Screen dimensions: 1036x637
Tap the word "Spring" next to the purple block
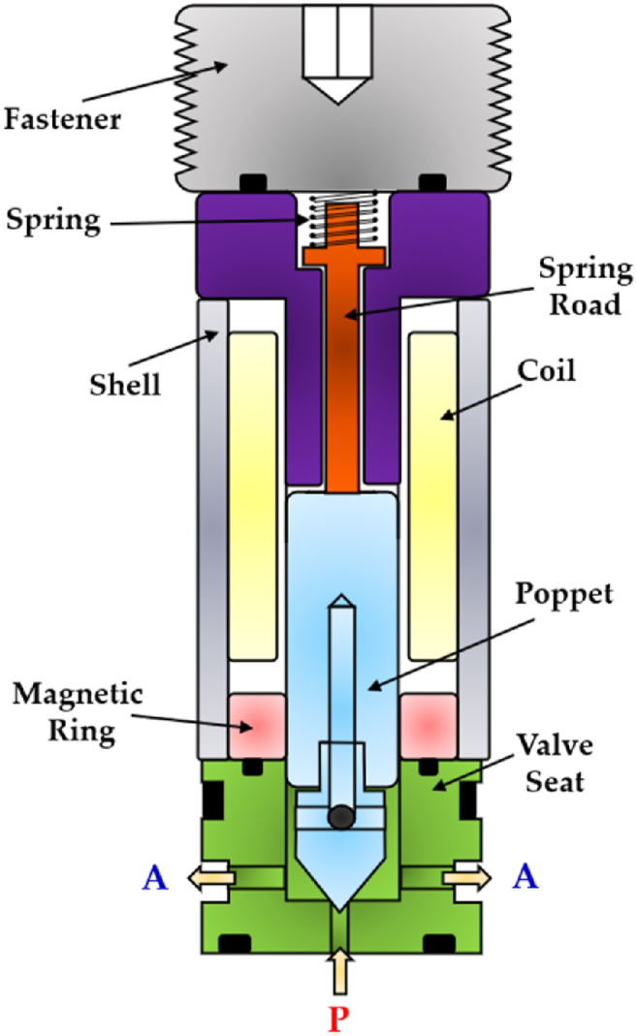point(52,221)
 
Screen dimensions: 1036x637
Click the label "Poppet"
point(553,594)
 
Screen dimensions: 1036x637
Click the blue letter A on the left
point(156,878)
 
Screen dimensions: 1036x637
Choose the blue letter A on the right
point(525,878)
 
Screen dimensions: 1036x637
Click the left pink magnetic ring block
point(256,725)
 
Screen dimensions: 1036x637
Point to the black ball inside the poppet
point(339,817)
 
